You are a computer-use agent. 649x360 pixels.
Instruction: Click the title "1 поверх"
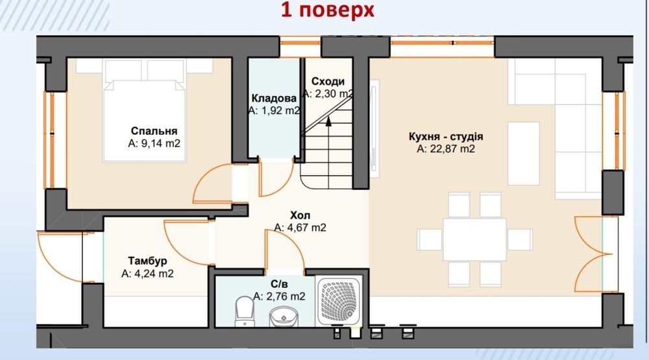click(327, 10)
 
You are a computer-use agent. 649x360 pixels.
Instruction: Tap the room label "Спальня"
click(154, 131)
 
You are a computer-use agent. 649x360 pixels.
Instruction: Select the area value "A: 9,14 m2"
click(154, 143)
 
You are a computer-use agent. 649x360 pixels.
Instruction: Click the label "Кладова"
click(274, 98)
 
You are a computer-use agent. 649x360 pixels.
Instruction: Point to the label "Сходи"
click(328, 81)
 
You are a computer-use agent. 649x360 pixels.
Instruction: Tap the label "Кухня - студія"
click(446, 136)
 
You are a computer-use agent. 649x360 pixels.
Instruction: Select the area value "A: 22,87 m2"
click(446, 149)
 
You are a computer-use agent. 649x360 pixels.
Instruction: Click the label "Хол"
click(300, 215)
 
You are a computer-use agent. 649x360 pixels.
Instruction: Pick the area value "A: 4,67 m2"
click(300, 228)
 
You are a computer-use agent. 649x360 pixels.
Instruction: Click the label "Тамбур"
click(147, 261)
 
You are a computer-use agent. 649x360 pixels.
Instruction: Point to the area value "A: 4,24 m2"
click(147, 274)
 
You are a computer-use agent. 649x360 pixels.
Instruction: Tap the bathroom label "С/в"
click(279, 284)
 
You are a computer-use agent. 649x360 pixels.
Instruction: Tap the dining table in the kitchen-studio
click(475, 239)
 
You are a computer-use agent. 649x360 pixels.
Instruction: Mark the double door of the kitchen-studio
click(589, 254)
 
